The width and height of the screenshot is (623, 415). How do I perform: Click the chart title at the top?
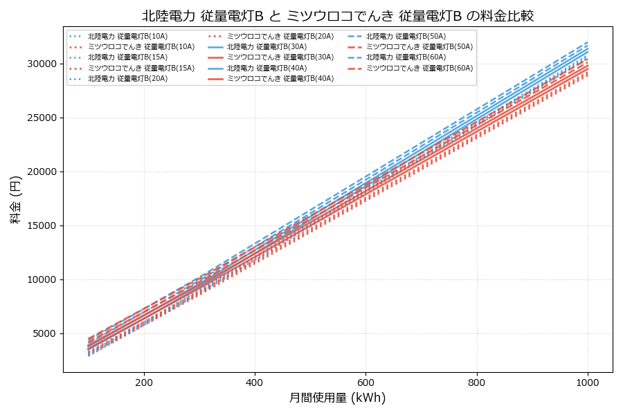(338, 16)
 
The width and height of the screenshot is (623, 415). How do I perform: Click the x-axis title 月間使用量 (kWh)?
(337, 398)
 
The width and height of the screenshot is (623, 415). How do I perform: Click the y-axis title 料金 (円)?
(15, 199)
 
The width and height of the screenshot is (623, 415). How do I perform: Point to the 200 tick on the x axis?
(144, 382)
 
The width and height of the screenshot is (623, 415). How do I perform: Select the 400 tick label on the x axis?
(255, 382)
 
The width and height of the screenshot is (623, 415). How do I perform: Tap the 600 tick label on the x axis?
(365, 382)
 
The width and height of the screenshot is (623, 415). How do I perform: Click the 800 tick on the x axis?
(477, 382)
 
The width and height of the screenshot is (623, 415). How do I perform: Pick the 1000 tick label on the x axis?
(588, 382)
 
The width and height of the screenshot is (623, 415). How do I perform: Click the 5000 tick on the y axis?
(43, 333)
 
